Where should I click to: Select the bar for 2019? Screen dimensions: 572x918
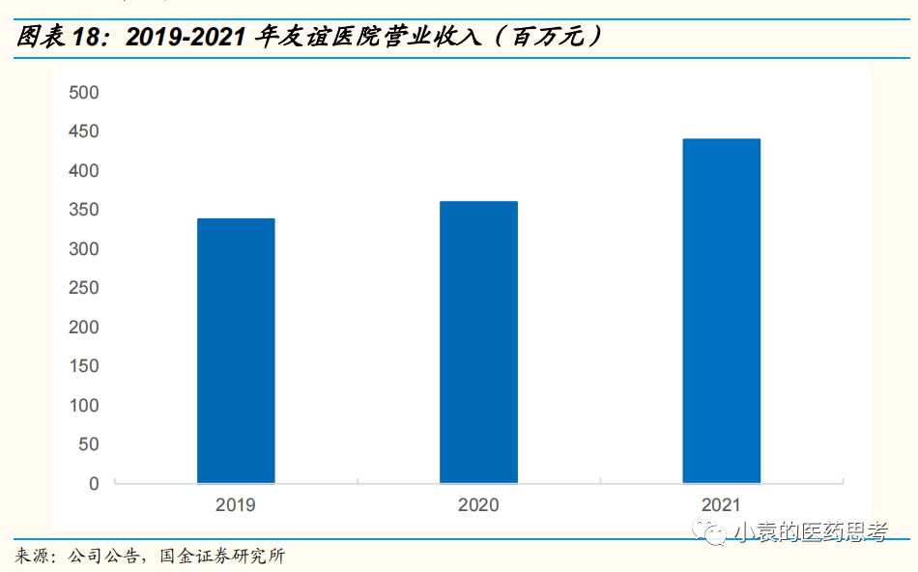(236, 351)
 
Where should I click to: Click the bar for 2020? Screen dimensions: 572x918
(478, 342)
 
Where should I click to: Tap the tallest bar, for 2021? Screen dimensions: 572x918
(721, 311)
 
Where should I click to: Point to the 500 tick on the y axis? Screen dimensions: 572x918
(84, 93)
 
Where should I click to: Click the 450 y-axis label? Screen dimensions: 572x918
(84, 131)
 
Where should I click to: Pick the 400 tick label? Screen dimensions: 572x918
(84, 171)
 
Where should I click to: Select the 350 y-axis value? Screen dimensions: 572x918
(84, 210)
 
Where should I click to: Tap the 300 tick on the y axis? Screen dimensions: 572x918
(84, 249)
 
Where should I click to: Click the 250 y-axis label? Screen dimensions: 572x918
(84, 288)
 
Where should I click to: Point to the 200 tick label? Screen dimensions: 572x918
(84, 328)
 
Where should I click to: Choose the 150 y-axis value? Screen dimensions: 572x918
(84, 366)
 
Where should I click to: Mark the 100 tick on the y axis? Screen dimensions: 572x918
(84, 406)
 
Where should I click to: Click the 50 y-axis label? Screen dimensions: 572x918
(88, 444)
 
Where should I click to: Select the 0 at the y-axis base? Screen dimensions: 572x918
(94, 484)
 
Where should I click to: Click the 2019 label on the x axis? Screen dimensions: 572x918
(236, 505)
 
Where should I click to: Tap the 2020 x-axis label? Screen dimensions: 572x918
(478, 505)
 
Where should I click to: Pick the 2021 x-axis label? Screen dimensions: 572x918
(721, 505)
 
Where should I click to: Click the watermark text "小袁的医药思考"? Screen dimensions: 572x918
(810, 531)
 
